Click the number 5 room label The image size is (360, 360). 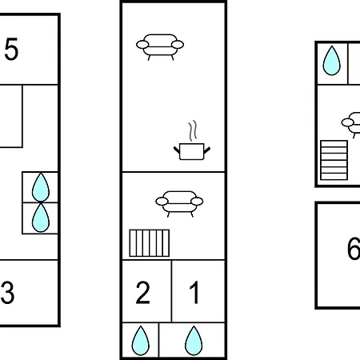click(11, 49)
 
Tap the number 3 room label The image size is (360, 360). click(7, 293)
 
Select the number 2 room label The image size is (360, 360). click(142, 292)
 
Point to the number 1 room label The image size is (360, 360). click(194, 292)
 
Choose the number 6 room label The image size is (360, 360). click(354, 248)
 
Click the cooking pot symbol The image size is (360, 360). click(192, 151)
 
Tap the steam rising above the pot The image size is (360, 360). click(193, 130)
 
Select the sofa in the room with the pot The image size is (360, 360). click(160, 46)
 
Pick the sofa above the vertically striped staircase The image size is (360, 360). click(179, 203)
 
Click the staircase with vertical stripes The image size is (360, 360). click(150, 243)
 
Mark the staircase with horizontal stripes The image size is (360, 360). click(334, 160)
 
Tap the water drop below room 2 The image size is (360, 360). click(141, 341)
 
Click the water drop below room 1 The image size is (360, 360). click(194, 341)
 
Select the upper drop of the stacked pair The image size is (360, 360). click(41, 187)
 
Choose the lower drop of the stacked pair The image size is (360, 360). click(41, 218)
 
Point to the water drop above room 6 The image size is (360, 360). click(331, 61)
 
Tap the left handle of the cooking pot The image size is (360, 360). click(177, 150)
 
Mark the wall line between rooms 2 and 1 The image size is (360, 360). click(171, 291)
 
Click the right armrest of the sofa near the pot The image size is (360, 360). click(178, 45)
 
